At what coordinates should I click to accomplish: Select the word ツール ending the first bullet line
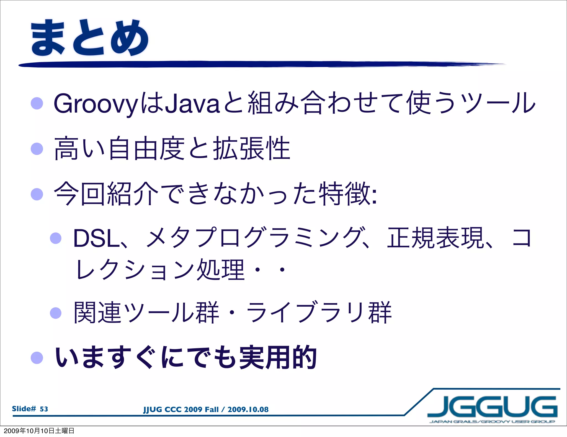click(498, 103)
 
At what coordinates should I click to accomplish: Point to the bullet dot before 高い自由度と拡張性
click(37, 149)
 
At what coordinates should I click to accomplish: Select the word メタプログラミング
click(253, 238)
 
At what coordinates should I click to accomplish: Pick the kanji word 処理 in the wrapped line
click(220, 270)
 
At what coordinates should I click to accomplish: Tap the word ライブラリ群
click(318, 313)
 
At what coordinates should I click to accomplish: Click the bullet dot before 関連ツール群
click(56, 313)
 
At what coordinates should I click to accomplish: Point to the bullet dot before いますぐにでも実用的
click(37, 358)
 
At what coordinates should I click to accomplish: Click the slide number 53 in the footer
click(44, 409)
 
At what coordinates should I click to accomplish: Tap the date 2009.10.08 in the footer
click(248, 410)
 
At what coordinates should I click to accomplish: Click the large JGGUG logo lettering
click(492, 407)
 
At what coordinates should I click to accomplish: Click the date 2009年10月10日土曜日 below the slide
click(39, 431)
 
